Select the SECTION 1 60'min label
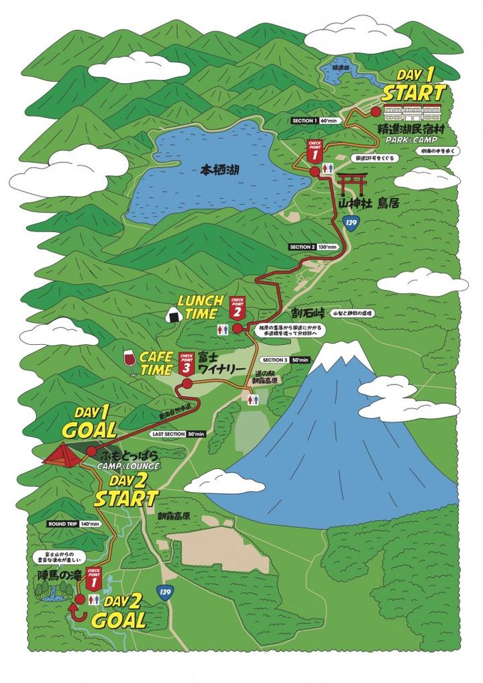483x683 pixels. click(x=315, y=121)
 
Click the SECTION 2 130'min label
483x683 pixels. click(x=312, y=247)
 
